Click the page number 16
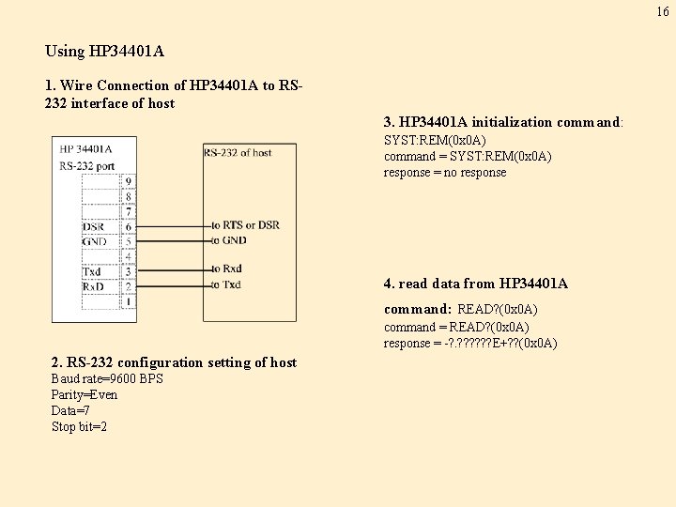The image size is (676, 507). (x=663, y=11)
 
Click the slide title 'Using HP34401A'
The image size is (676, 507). (x=104, y=51)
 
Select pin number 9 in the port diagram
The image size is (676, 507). (x=128, y=181)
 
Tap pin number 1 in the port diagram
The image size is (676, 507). (x=128, y=301)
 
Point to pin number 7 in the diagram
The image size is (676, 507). (x=128, y=211)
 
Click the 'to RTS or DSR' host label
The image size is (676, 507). (x=245, y=225)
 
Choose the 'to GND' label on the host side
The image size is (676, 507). (x=228, y=240)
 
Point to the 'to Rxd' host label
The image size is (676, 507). (x=226, y=269)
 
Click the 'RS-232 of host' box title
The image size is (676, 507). (x=238, y=153)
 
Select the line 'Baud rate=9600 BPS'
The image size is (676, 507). (x=107, y=378)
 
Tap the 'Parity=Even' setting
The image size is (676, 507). (x=84, y=394)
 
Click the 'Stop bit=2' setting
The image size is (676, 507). (x=79, y=426)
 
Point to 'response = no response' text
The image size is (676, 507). (x=444, y=172)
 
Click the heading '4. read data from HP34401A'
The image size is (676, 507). (x=475, y=284)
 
